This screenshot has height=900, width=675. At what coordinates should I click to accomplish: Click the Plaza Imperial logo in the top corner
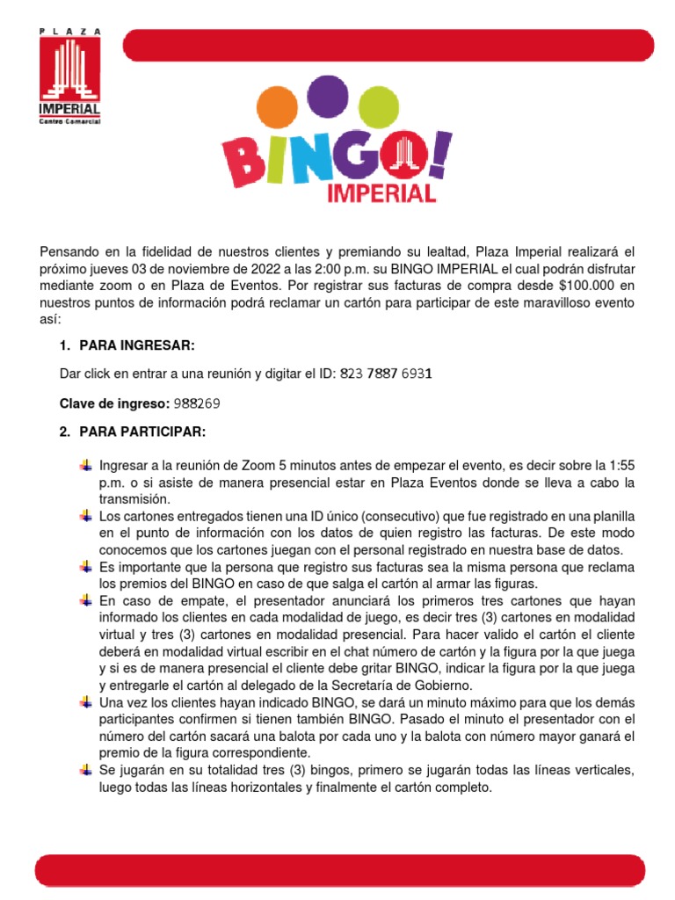tap(69, 77)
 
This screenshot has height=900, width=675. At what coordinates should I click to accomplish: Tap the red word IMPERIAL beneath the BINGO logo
tap(381, 192)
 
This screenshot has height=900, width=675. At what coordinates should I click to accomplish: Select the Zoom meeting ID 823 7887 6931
tap(385, 374)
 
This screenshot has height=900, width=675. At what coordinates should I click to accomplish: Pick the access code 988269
tap(196, 403)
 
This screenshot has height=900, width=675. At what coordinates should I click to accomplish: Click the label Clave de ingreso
tap(113, 403)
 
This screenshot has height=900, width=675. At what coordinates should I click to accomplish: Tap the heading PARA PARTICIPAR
tap(142, 432)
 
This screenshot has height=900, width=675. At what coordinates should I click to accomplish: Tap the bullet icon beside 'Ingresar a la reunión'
tap(85, 465)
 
